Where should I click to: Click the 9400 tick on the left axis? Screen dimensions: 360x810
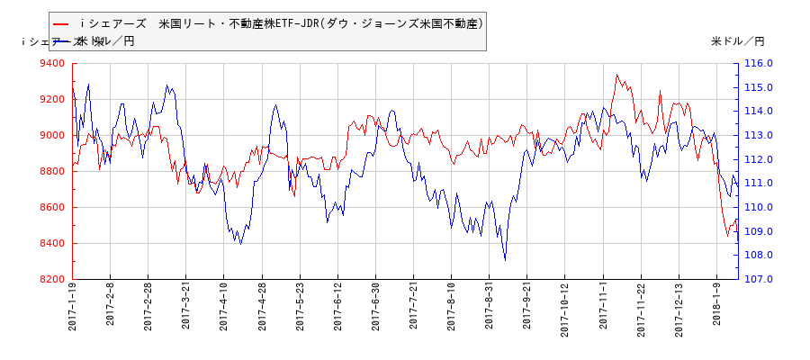[x=52, y=64]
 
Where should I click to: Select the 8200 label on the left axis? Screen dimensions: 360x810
[x=52, y=280]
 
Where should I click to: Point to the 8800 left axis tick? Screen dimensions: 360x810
[x=52, y=172]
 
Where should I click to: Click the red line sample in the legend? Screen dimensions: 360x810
[x=61, y=23]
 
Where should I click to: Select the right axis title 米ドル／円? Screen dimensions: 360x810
[x=737, y=41]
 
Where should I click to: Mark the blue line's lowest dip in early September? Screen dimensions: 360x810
[x=505, y=259]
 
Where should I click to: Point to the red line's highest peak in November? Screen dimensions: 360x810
[x=616, y=75]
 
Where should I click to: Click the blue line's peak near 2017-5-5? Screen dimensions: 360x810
[x=276, y=105]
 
